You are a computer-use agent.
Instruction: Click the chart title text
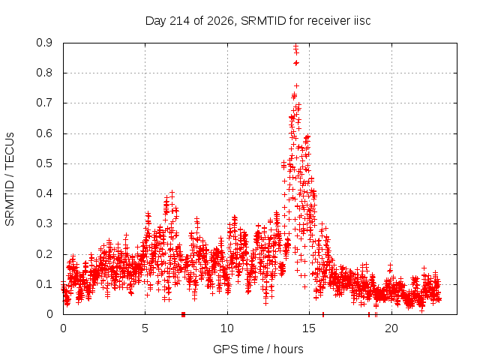tap(258, 21)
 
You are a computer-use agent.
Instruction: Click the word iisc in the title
tap(362, 20)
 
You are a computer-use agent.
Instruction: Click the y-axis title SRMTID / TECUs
tap(10, 179)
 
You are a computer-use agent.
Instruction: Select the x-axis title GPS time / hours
tap(258, 349)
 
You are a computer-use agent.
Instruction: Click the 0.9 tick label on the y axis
tap(44, 43)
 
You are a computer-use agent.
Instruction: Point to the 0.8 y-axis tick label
tap(44, 73)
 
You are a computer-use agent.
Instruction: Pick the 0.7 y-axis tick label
tap(44, 103)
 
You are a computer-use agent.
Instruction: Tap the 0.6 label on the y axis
tap(44, 133)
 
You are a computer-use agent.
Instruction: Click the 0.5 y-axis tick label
tap(44, 163)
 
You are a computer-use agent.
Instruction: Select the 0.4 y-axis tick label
tap(44, 193)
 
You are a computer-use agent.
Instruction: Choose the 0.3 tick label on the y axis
tap(44, 223)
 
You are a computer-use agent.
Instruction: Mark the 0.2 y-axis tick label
tap(44, 254)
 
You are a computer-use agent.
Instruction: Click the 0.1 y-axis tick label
tap(44, 284)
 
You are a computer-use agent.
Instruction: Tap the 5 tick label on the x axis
tap(145, 328)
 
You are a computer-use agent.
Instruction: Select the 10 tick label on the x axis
tap(227, 328)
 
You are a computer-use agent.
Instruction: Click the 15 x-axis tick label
tap(309, 328)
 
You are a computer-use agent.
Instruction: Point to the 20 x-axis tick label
tap(391, 328)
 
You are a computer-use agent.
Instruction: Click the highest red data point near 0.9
tap(295, 46)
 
